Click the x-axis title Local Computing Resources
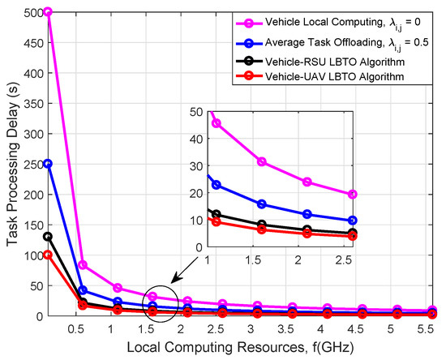(242, 349)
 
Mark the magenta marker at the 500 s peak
(48, 12)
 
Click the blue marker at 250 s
(48, 164)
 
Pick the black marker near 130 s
(48, 237)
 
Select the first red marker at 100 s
(48, 255)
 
